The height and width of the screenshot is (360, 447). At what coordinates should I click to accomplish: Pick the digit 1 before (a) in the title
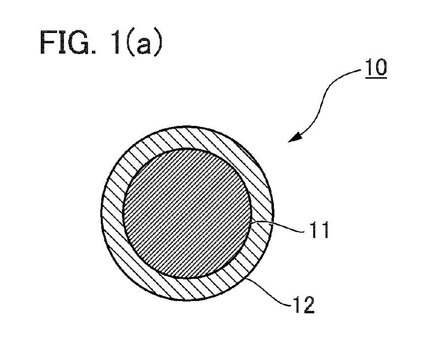tap(115, 42)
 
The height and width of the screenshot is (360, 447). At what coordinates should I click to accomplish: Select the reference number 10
tap(376, 67)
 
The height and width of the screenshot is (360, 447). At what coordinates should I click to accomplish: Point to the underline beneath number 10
tap(376, 77)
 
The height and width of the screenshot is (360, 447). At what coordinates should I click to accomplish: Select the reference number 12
tap(303, 305)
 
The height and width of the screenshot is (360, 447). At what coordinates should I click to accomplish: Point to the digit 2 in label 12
tap(308, 305)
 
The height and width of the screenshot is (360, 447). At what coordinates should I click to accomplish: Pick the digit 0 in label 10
tap(382, 67)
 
